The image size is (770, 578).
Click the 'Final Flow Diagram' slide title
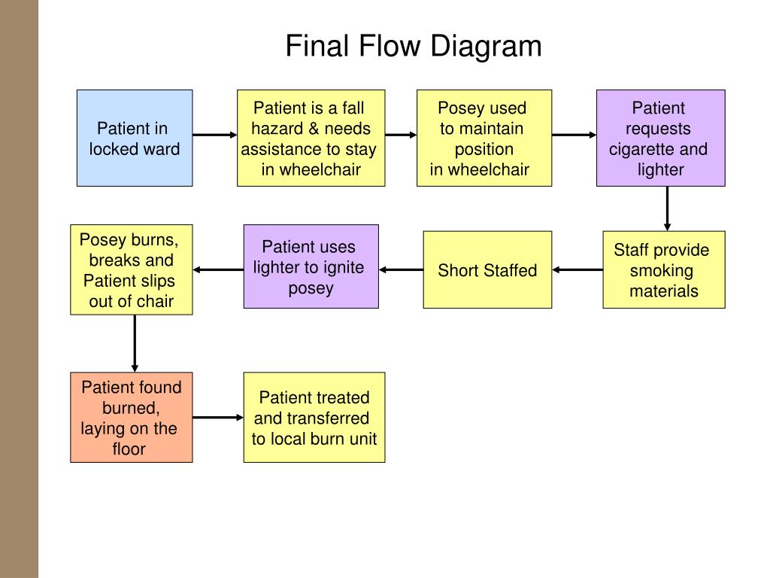[414, 46]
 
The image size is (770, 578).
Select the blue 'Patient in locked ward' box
[135, 138]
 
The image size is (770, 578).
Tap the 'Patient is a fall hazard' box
[311, 138]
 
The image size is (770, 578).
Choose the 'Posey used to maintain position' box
[484, 138]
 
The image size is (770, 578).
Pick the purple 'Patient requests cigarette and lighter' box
[660, 138]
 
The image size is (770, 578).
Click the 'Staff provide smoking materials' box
[664, 270]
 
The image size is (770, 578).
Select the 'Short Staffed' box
[487, 270]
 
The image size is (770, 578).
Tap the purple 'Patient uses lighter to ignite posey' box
[311, 266]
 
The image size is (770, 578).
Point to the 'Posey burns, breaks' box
[131, 270]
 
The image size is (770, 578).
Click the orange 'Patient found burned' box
[131, 417]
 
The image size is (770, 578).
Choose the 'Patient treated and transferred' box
[314, 417]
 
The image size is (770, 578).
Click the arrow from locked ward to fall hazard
[214, 135]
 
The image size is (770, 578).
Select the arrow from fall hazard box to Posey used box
[401, 135]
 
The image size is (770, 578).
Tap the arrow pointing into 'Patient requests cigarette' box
[574, 135]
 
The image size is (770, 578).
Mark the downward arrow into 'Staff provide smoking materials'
[668, 208]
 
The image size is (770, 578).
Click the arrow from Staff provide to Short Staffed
[577, 270]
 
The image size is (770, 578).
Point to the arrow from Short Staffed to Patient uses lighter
[401, 270]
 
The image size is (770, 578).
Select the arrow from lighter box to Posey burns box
[218, 270]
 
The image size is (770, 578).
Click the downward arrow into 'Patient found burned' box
[135, 343]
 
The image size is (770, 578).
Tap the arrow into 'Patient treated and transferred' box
[218, 417]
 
